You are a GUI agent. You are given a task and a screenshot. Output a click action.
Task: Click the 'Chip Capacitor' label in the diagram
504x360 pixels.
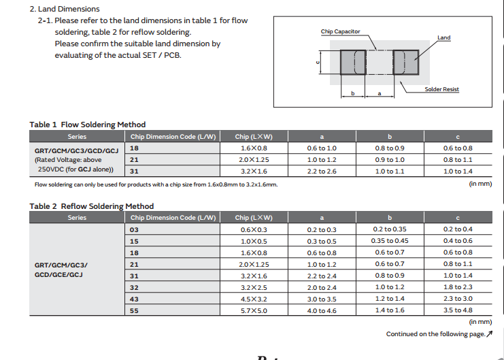pos(340,32)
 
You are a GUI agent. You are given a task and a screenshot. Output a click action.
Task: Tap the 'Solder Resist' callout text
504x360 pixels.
pos(441,90)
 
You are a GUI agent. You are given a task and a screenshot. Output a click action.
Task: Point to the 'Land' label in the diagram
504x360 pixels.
pos(443,37)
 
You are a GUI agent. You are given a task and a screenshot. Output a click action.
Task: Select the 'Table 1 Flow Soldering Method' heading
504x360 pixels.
pos(87,125)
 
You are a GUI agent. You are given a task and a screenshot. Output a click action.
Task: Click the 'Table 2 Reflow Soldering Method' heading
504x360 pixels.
pos(91,206)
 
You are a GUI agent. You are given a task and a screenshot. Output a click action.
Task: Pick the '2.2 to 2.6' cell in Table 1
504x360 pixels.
pos(322,171)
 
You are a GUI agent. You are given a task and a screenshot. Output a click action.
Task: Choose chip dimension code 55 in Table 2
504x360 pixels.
pos(134,310)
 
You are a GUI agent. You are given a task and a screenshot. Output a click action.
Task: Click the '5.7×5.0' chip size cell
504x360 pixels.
pos(254,310)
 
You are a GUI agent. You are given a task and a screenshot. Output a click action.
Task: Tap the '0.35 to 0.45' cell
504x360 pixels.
pos(390,241)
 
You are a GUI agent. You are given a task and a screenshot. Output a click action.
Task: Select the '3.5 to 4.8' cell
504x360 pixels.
pos(457,310)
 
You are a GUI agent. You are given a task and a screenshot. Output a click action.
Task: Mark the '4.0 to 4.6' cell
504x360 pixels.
pos(322,310)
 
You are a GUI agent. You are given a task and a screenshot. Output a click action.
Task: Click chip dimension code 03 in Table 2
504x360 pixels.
pos(134,229)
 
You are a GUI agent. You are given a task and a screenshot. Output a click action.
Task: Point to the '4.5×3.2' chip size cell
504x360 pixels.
pos(254,299)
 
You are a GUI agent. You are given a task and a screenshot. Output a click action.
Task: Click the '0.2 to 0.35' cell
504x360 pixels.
pos(390,229)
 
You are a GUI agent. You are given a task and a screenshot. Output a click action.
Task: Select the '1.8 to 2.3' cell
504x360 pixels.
pos(457,287)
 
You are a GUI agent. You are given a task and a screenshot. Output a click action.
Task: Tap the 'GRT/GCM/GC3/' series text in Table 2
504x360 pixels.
pos(61,264)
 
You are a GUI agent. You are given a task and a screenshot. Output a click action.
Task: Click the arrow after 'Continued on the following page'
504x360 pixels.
pos(489,334)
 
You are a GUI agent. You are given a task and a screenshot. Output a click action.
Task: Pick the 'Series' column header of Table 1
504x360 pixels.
pos(77,137)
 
